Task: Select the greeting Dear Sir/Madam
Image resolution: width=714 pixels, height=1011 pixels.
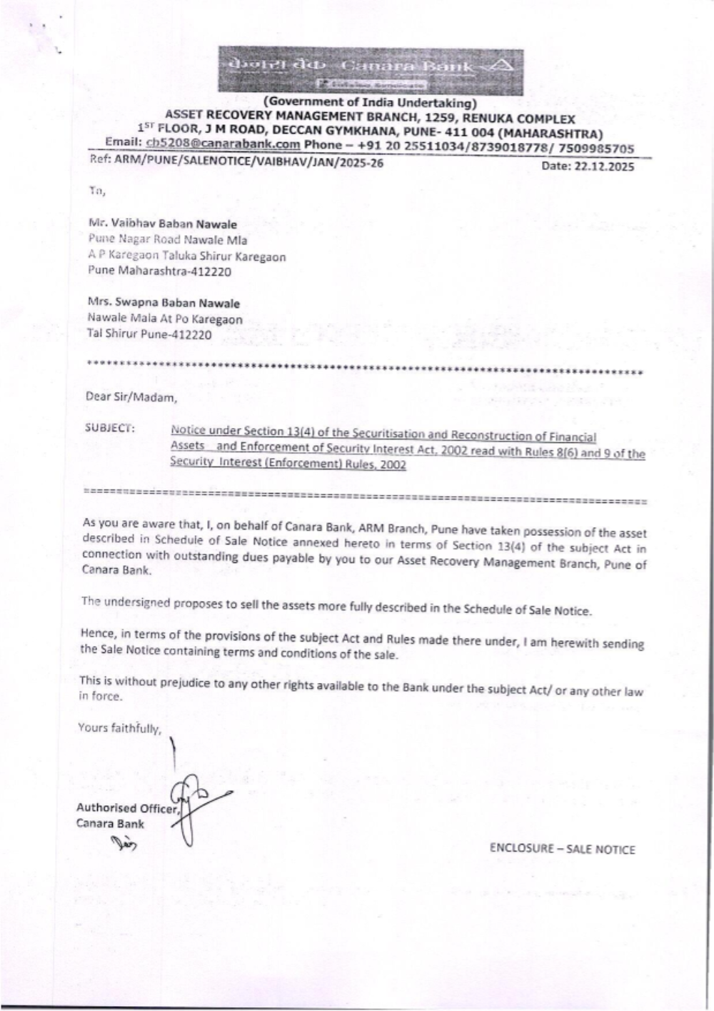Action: [131, 397]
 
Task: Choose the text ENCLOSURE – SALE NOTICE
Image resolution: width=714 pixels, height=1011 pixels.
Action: [562, 849]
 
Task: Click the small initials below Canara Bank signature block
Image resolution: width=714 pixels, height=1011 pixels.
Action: [124, 846]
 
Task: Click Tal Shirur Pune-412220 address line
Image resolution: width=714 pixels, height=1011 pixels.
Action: [149, 334]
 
